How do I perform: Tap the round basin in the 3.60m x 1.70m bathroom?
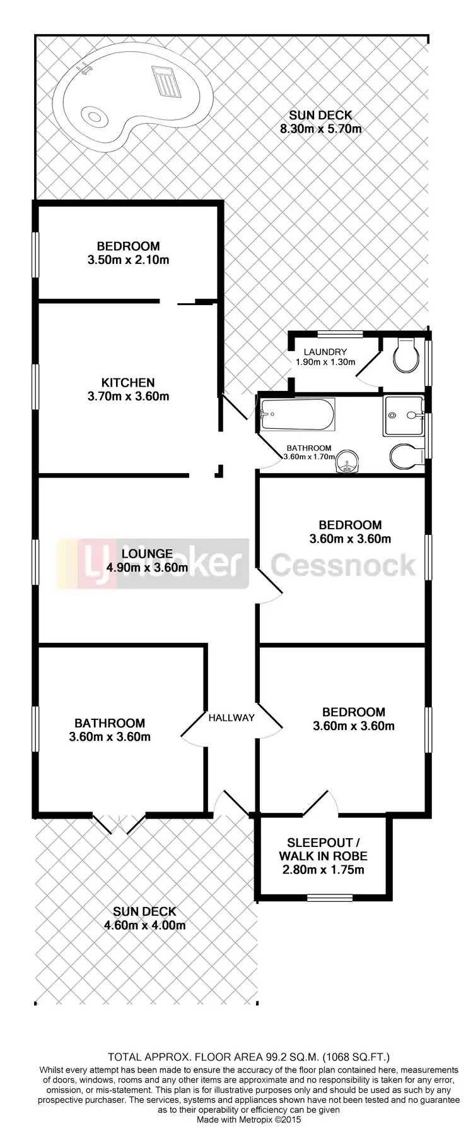[x=347, y=462]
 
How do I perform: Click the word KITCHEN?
[x=128, y=383]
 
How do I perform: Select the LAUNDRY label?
[x=325, y=352]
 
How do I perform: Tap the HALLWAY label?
[x=231, y=717]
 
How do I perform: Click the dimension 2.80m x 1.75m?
[x=323, y=870]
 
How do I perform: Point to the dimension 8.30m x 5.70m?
[x=320, y=129]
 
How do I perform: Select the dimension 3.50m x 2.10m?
[x=128, y=260]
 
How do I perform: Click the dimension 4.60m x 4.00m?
[x=144, y=925]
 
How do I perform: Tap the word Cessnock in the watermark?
[x=344, y=565]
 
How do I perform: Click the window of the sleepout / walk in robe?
[x=329, y=896]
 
